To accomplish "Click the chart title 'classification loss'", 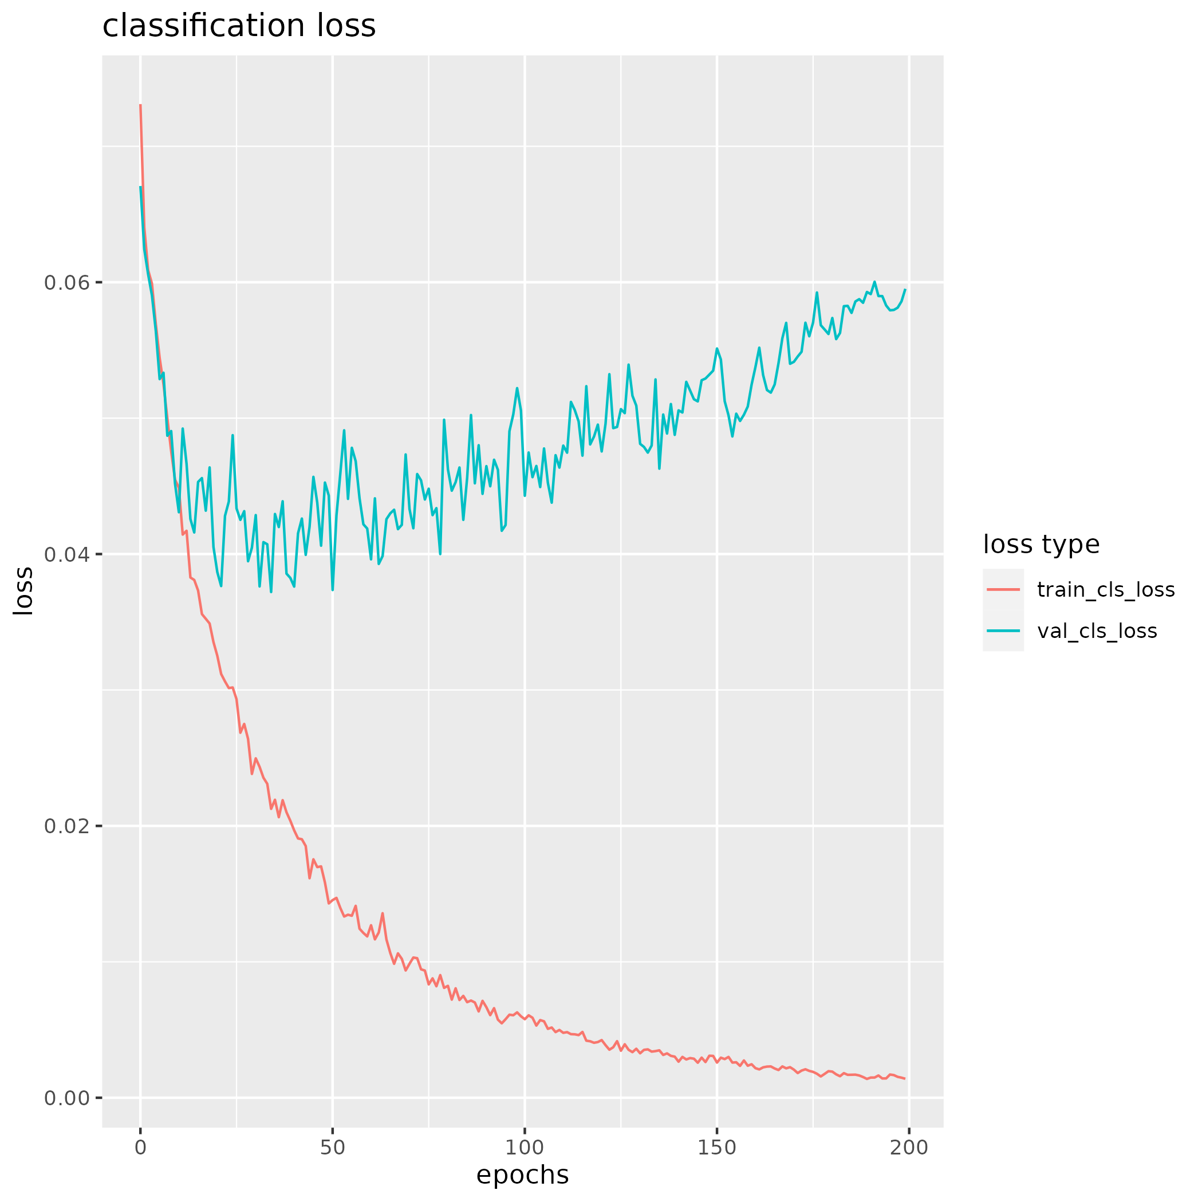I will [239, 26].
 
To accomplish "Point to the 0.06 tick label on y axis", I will [67, 282].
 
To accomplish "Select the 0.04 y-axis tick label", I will [67, 554].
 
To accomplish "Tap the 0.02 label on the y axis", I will [67, 826].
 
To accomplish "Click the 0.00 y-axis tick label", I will [67, 1098].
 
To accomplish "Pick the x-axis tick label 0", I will [141, 1148].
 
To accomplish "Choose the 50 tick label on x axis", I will [333, 1148].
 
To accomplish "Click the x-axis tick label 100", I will [525, 1148].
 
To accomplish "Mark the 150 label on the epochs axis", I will [717, 1148].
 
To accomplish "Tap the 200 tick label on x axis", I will [909, 1148].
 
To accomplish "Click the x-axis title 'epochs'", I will [523, 1175].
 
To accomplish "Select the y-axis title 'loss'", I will [23, 591].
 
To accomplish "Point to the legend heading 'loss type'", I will [1041, 545].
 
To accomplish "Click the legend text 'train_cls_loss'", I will [1106, 589].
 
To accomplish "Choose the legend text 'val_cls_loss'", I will [1097, 631].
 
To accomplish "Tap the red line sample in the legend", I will [1003, 589].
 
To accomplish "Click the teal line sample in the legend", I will [1003, 631].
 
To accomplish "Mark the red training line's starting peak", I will [141, 105].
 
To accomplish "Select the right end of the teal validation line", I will [905, 289].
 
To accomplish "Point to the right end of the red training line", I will [905, 1079].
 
